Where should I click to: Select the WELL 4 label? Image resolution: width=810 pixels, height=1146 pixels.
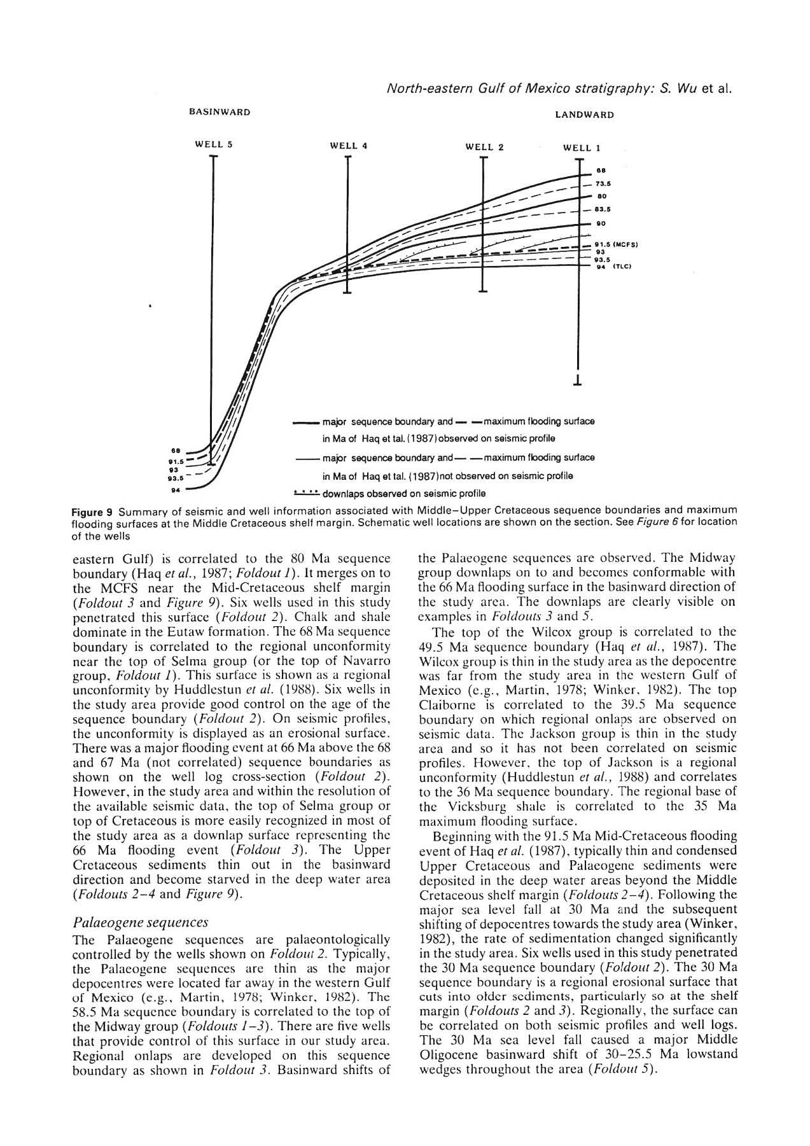tap(349, 146)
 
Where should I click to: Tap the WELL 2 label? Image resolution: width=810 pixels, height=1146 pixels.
tap(484, 147)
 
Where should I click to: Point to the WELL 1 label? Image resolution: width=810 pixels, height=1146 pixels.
tap(582, 148)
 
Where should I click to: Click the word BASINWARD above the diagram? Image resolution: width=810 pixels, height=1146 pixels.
tap(220, 112)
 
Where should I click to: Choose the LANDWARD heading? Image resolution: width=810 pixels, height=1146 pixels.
tap(584, 115)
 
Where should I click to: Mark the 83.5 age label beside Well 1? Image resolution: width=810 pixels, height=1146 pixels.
tap(603, 209)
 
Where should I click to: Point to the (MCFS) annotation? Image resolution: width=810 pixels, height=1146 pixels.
tap(625, 244)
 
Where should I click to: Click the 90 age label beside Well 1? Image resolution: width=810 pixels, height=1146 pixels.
tap(601, 223)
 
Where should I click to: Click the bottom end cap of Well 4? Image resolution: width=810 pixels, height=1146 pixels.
tap(347, 293)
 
